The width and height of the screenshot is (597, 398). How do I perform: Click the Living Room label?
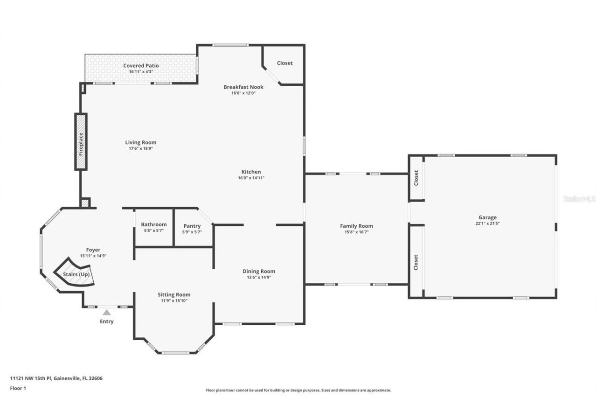(140, 142)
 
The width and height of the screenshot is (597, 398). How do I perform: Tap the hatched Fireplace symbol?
(81, 142)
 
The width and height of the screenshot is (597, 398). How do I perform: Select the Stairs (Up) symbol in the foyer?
(76, 273)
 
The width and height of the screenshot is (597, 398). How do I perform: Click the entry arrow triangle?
(107, 313)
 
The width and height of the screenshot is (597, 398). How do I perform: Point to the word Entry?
(106, 321)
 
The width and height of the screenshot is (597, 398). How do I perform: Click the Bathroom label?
(153, 224)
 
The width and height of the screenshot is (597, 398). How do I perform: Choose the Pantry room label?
(192, 226)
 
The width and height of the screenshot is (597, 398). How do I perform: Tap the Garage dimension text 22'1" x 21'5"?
(487, 223)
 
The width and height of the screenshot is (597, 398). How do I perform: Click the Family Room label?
(356, 226)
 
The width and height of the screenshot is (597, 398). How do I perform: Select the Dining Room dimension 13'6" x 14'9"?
(258, 277)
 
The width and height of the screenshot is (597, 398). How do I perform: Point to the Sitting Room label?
(174, 294)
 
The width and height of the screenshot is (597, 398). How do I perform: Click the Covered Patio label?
(141, 66)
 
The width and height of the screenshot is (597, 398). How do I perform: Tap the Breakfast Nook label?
(243, 87)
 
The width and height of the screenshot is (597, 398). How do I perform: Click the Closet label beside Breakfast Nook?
(285, 63)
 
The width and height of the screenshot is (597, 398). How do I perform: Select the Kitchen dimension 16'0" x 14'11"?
(251, 178)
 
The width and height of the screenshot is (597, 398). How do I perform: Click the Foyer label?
(93, 250)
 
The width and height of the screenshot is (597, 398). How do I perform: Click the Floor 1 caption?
(18, 388)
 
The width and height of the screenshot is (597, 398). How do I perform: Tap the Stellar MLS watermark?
(579, 199)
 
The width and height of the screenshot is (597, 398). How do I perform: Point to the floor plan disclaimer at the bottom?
(298, 390)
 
